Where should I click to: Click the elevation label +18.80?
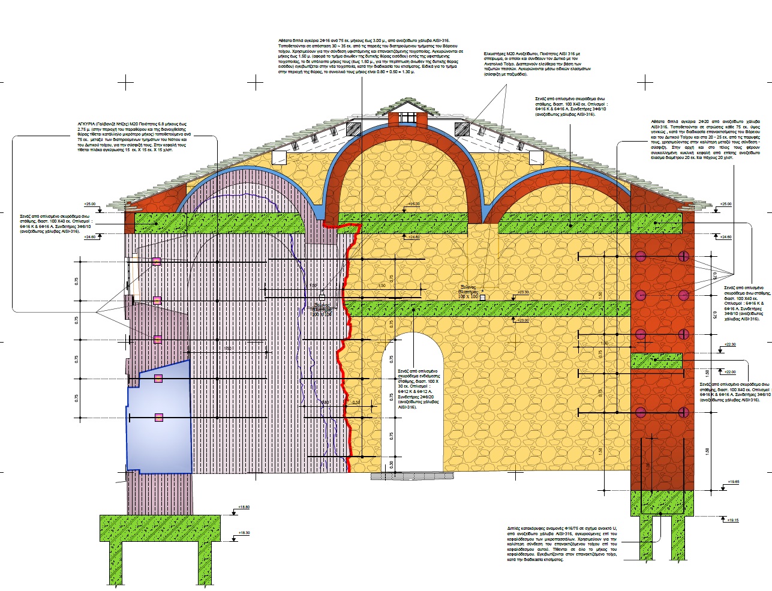click(243, 507)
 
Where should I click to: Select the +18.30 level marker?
click(243, 533)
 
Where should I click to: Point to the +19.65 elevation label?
click(733, 482)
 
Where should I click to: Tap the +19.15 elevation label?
click(733, 520)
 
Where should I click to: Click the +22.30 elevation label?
click(730, 344)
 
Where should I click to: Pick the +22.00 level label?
click(730, 372)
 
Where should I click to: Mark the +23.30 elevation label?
click(524, 292)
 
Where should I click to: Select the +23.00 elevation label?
click(524, 320)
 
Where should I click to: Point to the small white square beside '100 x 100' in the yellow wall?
click(483, 297)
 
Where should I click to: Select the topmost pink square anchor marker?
click(157, 262)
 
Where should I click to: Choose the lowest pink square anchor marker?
click(159, 417)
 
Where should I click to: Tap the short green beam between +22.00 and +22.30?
click(657, 361)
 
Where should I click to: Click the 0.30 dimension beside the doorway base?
click(392, 464)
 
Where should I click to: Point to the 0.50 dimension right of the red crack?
click(356, 403)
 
